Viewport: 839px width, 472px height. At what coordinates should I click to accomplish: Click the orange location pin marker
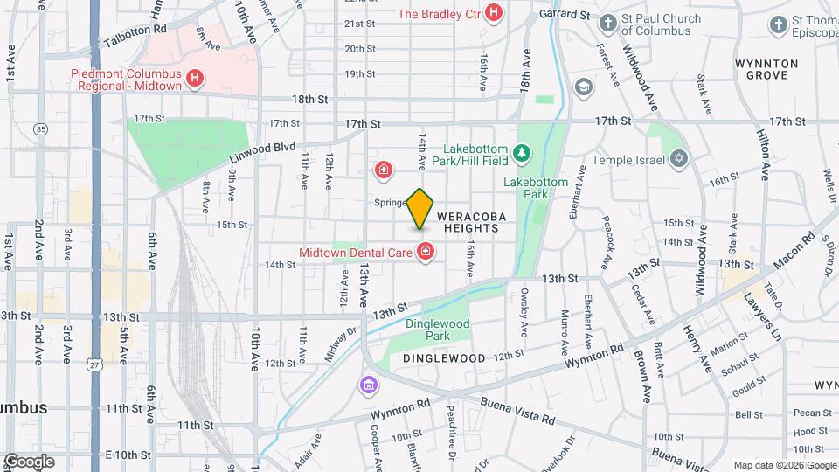coord(419,208)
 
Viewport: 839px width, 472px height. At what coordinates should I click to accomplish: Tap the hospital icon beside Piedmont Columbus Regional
coord(196,78)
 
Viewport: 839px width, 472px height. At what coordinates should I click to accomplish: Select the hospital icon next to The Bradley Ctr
coord(494,13)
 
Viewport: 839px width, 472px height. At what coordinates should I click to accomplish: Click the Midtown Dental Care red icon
coord(426,253)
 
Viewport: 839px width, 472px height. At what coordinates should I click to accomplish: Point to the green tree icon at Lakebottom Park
coord(523,154)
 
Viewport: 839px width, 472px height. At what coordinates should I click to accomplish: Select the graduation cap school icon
coord(583,87)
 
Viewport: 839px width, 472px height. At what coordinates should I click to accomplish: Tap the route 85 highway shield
coord(40,129)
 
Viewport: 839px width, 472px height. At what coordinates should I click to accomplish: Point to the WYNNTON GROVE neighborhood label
coord(766,70)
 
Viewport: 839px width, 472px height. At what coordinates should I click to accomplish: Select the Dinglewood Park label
coord(438,330)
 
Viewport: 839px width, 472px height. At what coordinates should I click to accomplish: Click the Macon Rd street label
coord(794,247)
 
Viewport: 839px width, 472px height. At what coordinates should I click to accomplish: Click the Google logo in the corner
coord(30,461)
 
